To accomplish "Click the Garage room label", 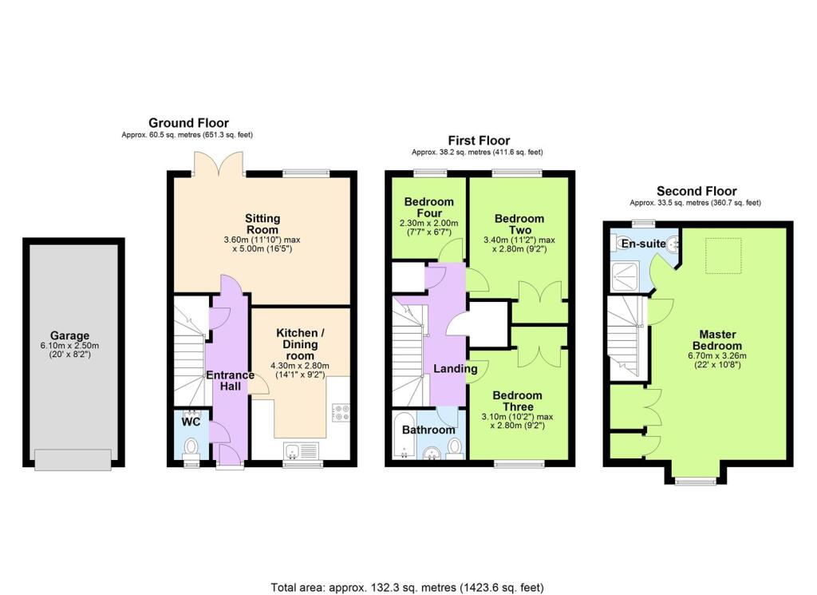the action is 69,335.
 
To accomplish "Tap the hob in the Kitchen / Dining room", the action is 341,412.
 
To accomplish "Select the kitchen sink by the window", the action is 302,450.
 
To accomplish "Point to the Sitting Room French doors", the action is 219,163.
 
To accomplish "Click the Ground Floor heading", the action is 188,123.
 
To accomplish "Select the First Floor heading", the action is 479,141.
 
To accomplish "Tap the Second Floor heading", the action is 697,191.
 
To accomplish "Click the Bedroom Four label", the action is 428,207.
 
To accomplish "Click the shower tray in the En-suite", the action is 626,277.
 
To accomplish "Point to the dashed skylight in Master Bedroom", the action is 723,256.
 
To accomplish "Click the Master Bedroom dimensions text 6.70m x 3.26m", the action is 717,356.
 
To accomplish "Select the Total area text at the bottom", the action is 407,588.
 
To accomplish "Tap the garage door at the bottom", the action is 73,459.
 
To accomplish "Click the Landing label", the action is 456,369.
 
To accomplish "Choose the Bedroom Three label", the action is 517,401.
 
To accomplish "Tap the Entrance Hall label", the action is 231,381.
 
